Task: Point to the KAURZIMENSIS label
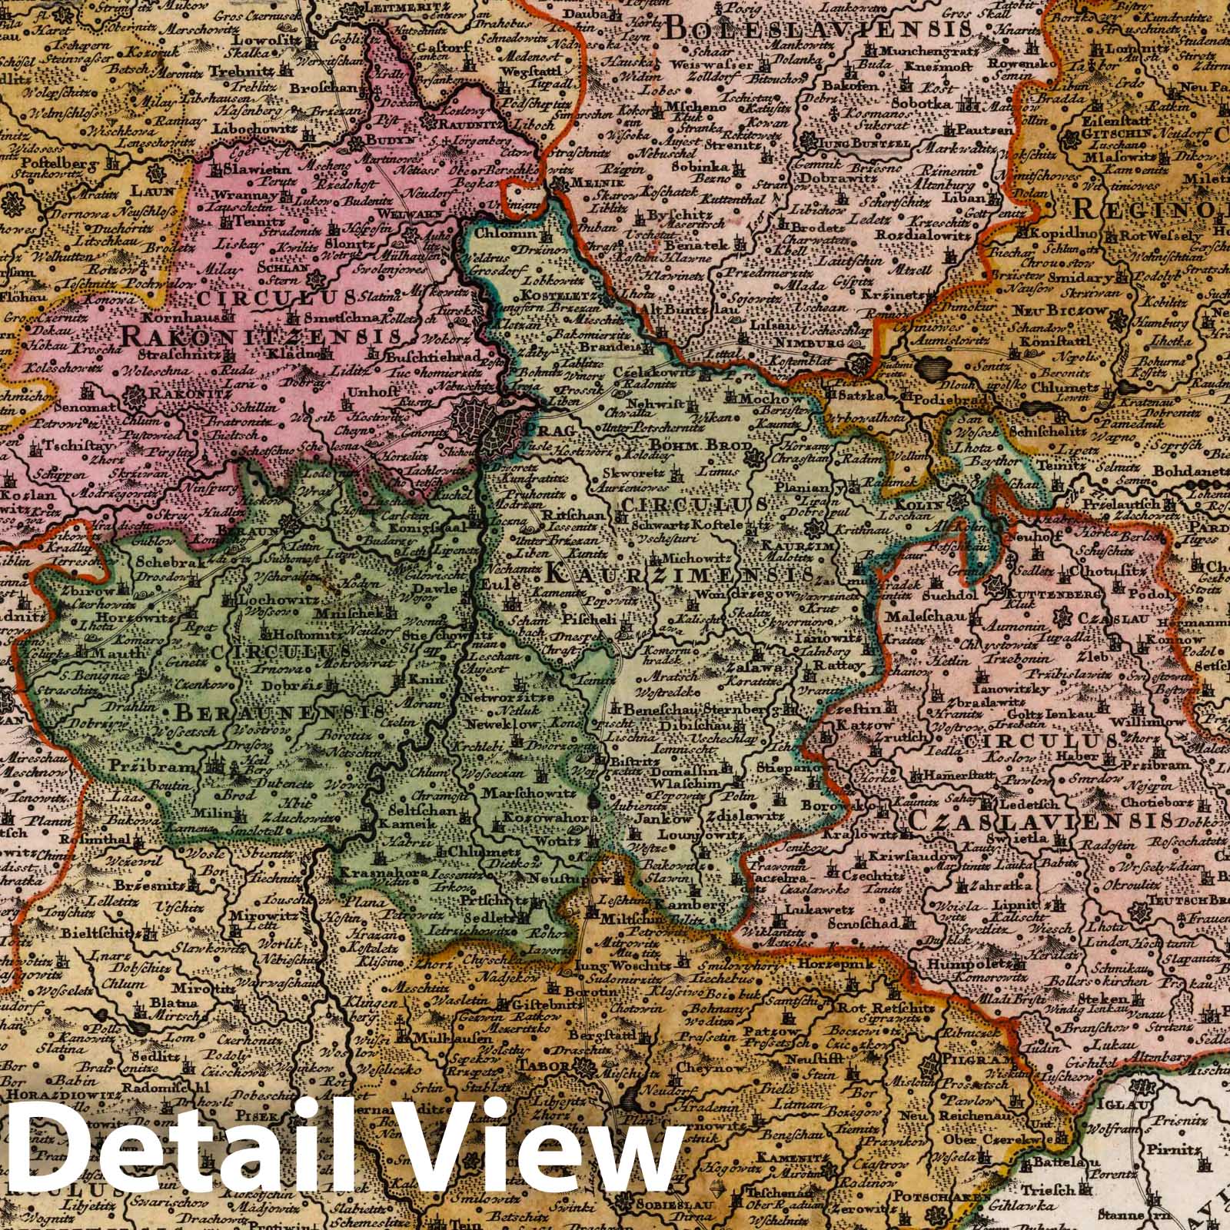tap(680, 574)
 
